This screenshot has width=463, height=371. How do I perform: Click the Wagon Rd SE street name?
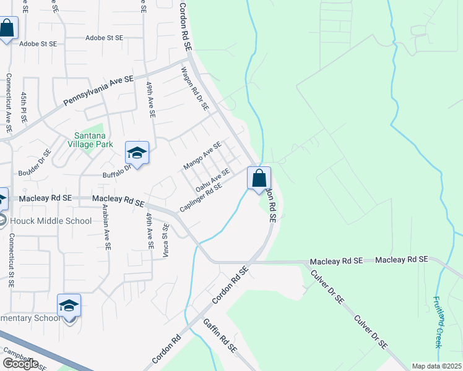(x=196, y=90)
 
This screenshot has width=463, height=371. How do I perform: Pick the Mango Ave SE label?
(x=202, y=156)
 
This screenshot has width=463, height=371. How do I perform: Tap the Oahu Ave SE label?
(x=212, y=179)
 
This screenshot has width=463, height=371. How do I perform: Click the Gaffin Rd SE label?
(x=220, y=336)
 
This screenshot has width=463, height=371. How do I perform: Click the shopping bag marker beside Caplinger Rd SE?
(x=259, y=178)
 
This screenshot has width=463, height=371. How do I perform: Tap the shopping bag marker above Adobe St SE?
(x=7, y=28)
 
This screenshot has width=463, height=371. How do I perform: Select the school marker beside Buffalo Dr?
(x=137, y=153)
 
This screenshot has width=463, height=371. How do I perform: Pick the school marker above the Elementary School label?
(x=69, y=305)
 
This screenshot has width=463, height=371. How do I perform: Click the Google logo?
(x=20, y=364)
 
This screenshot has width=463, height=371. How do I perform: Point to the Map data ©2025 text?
(x=436, y=366)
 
